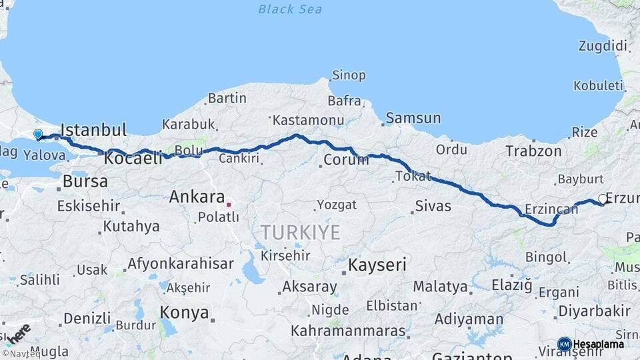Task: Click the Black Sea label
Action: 290,9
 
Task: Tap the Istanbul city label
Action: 93,129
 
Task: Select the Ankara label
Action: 196,197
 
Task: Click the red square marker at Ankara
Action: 229,205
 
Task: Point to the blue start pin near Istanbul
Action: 38,135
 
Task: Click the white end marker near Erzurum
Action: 602,199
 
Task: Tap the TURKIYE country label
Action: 300,233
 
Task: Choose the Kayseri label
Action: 377,265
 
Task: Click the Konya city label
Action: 184,312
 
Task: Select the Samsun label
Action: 413,118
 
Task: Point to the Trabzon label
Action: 533,151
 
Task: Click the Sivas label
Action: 433,206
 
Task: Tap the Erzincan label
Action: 551,209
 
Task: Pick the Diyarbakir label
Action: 594,311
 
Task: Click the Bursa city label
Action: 85,181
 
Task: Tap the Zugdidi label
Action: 603,47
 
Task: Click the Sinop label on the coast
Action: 349,75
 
